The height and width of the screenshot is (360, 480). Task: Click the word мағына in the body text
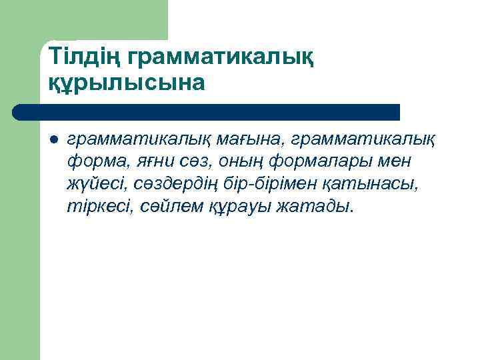tap(252, 140)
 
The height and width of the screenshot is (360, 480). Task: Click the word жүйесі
tap(97, 184)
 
